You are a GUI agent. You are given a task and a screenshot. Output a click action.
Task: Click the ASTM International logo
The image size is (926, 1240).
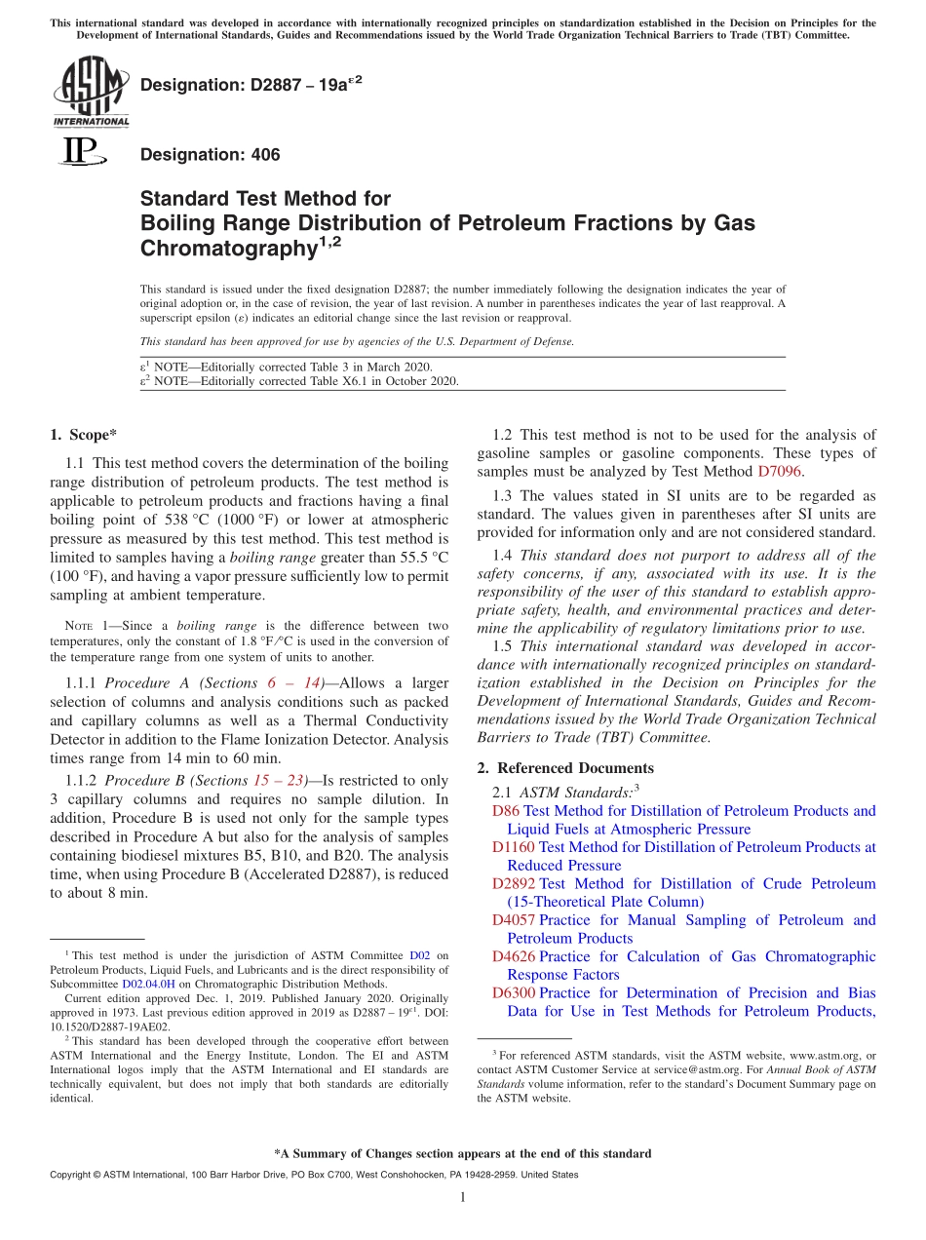click(91, 93)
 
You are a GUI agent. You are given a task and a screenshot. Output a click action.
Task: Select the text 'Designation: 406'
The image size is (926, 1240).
click(210, 155)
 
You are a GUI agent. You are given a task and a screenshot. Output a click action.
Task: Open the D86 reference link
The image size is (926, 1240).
click(506, 811)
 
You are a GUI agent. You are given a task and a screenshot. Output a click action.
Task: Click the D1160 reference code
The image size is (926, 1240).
click(513, 847)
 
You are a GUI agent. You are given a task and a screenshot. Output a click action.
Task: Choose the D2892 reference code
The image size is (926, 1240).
click(513, 884)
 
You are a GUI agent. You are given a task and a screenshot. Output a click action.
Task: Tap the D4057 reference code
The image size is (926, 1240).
click(513, 920)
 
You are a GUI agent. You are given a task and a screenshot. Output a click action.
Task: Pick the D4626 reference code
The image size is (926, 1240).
click(513, 957)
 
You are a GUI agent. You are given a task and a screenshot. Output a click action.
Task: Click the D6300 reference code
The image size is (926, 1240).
click(513, 993)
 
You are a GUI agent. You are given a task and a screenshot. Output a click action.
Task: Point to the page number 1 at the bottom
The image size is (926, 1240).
click(463, 1197)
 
